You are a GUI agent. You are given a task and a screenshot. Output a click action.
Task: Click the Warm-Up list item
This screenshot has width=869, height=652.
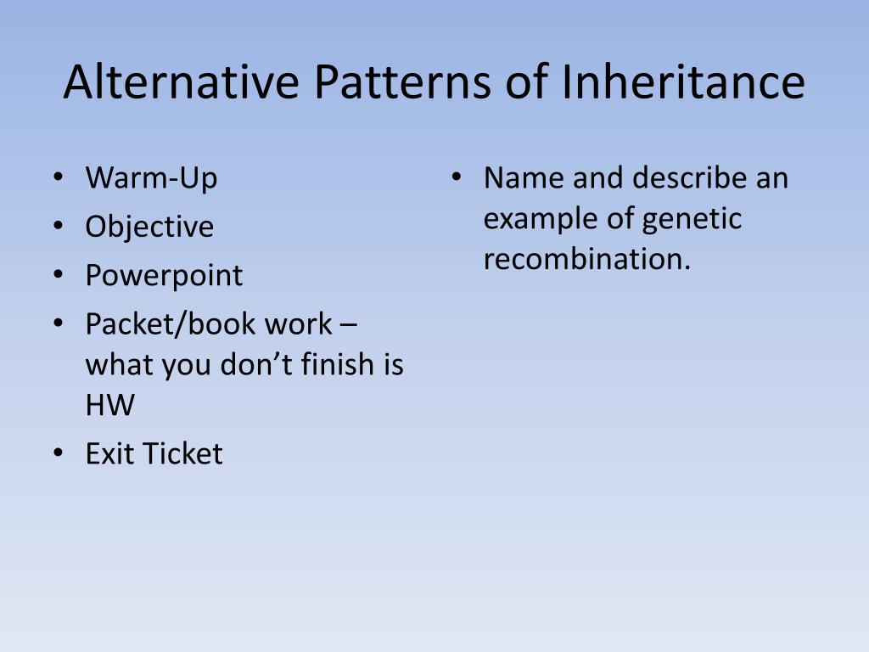pos(151,178)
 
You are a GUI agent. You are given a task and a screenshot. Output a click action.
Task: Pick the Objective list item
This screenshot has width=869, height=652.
pos(149,227)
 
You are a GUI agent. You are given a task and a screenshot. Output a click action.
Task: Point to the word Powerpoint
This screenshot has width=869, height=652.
pos(164,275)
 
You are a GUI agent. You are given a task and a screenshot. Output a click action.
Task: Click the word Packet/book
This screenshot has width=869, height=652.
pos(155,323)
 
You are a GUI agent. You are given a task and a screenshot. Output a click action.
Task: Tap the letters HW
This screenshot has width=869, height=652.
pos(109,405)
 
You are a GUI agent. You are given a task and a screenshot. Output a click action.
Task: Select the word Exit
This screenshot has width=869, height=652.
pos(109,453)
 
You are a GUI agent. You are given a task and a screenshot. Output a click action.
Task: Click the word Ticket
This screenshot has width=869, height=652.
pos(182,453)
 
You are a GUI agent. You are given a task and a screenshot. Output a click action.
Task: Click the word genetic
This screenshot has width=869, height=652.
pos(692,219)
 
